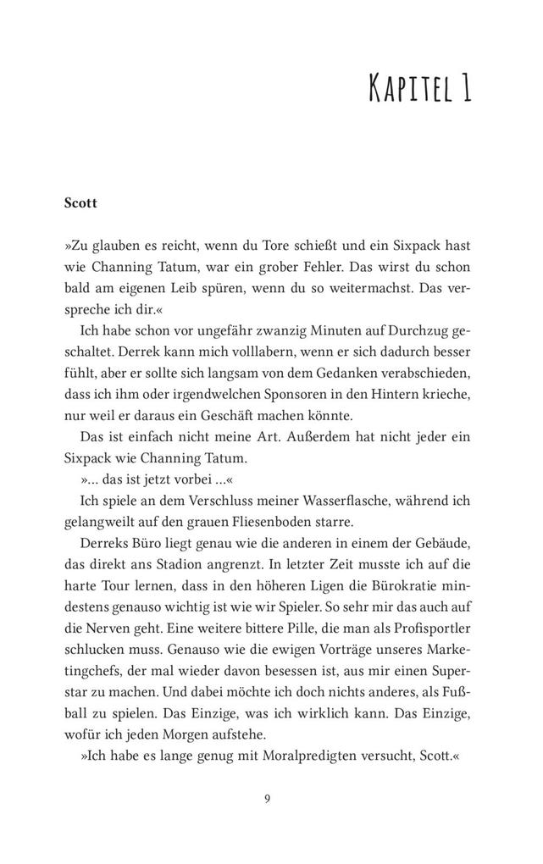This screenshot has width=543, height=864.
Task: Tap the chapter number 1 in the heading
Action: pos(465,88)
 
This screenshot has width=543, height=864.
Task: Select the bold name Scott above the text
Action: pos(81,203)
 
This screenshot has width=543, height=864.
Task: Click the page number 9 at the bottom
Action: pos(268,798)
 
